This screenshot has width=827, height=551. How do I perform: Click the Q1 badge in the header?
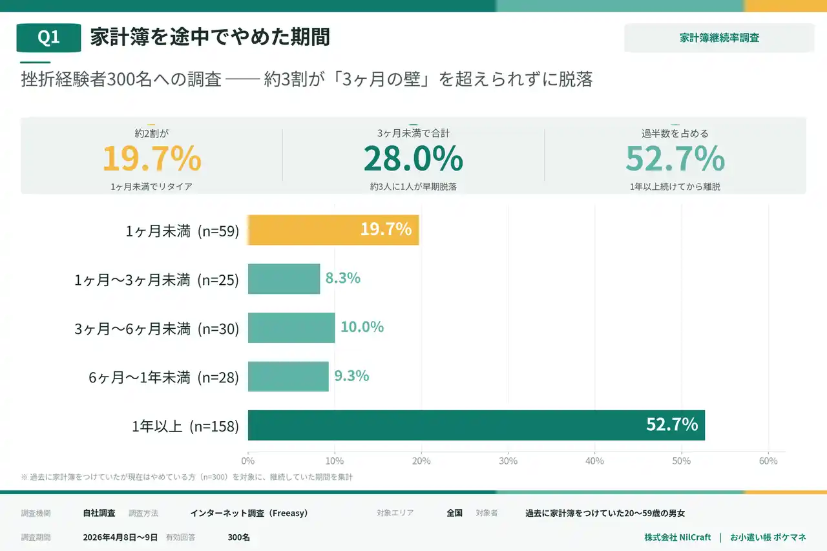pyautogui.click(x=48, y=37)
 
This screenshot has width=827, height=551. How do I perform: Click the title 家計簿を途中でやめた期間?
pyautogui.click(x=210, y=37)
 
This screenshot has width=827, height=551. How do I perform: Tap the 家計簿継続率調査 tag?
pyautogui.click(x=719, y=38)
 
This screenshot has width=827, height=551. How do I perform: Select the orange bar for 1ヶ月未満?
pyautogui.click(x=333, y=230)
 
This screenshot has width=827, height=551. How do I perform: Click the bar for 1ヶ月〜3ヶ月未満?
pyautogui.click(x=284, y=279)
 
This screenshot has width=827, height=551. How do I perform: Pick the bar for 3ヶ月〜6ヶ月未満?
pyautogui.click(x=291, y=327)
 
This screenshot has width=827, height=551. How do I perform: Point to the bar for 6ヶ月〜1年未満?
pyautogui.click(x=288, y=377)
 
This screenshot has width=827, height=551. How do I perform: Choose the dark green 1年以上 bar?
pyautogui.click(x=476, y=425)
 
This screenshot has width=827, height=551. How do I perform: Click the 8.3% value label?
pyautogui.click(x=342, y=278)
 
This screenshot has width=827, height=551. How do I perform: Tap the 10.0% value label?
pyautogui.click(x=362, y=327)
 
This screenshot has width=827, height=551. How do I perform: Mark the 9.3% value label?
pyautogui.click(x=351, y=375)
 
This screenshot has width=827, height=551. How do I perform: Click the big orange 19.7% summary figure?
pyautogui.click(x=152, y=158)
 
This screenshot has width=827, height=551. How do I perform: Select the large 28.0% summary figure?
pyautogui.click(x=413, y=158)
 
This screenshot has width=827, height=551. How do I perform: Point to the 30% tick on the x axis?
pyautogui.click(x=508, y=461)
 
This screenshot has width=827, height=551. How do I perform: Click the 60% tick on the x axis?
pyautogui.click(x=768, y=461)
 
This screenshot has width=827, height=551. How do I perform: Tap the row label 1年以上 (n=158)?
pyautogui.click(x=185, y=426)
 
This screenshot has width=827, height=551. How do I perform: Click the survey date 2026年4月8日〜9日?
pyautogui.click(x=120, y=537)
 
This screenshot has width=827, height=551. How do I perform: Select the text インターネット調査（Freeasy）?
pyautogui.click(x=249, y=514)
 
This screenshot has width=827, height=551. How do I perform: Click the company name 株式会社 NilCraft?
pyautogui.click(x=677, y=537)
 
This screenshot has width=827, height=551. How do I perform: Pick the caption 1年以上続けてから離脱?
pyautogui.click(x=675, y=187)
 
